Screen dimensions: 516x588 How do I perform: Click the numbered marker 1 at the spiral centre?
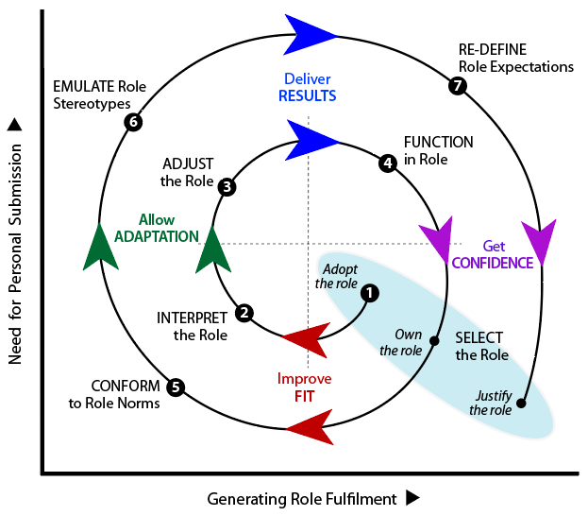click(370, 293)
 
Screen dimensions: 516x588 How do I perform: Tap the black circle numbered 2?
click(244, 313)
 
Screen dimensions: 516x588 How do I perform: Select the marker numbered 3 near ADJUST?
click(227, 186)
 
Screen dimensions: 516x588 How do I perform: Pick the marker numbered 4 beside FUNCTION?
click(387, 163)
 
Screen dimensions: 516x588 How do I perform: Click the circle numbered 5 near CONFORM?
click(175, 386)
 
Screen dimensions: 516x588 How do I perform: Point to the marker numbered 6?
click(133, 122)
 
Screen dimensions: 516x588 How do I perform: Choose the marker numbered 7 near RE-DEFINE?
click(459, 86)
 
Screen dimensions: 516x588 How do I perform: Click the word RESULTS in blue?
click(307, 95)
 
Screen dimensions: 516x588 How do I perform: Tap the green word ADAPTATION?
click(156, 236)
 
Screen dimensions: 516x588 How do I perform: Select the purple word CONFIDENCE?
click(492, 263)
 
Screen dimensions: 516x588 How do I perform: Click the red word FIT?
click(304, 396)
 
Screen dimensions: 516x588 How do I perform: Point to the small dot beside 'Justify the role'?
click(522, 404)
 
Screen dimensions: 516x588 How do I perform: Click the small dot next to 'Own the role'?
click(434, 341)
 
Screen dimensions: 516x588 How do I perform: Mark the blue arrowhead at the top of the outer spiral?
click(311, 34)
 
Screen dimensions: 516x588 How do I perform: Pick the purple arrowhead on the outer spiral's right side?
click(540, 246)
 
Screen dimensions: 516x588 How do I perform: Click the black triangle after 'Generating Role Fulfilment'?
click(412, 497)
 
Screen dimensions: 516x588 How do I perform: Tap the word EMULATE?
click(80, 86)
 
